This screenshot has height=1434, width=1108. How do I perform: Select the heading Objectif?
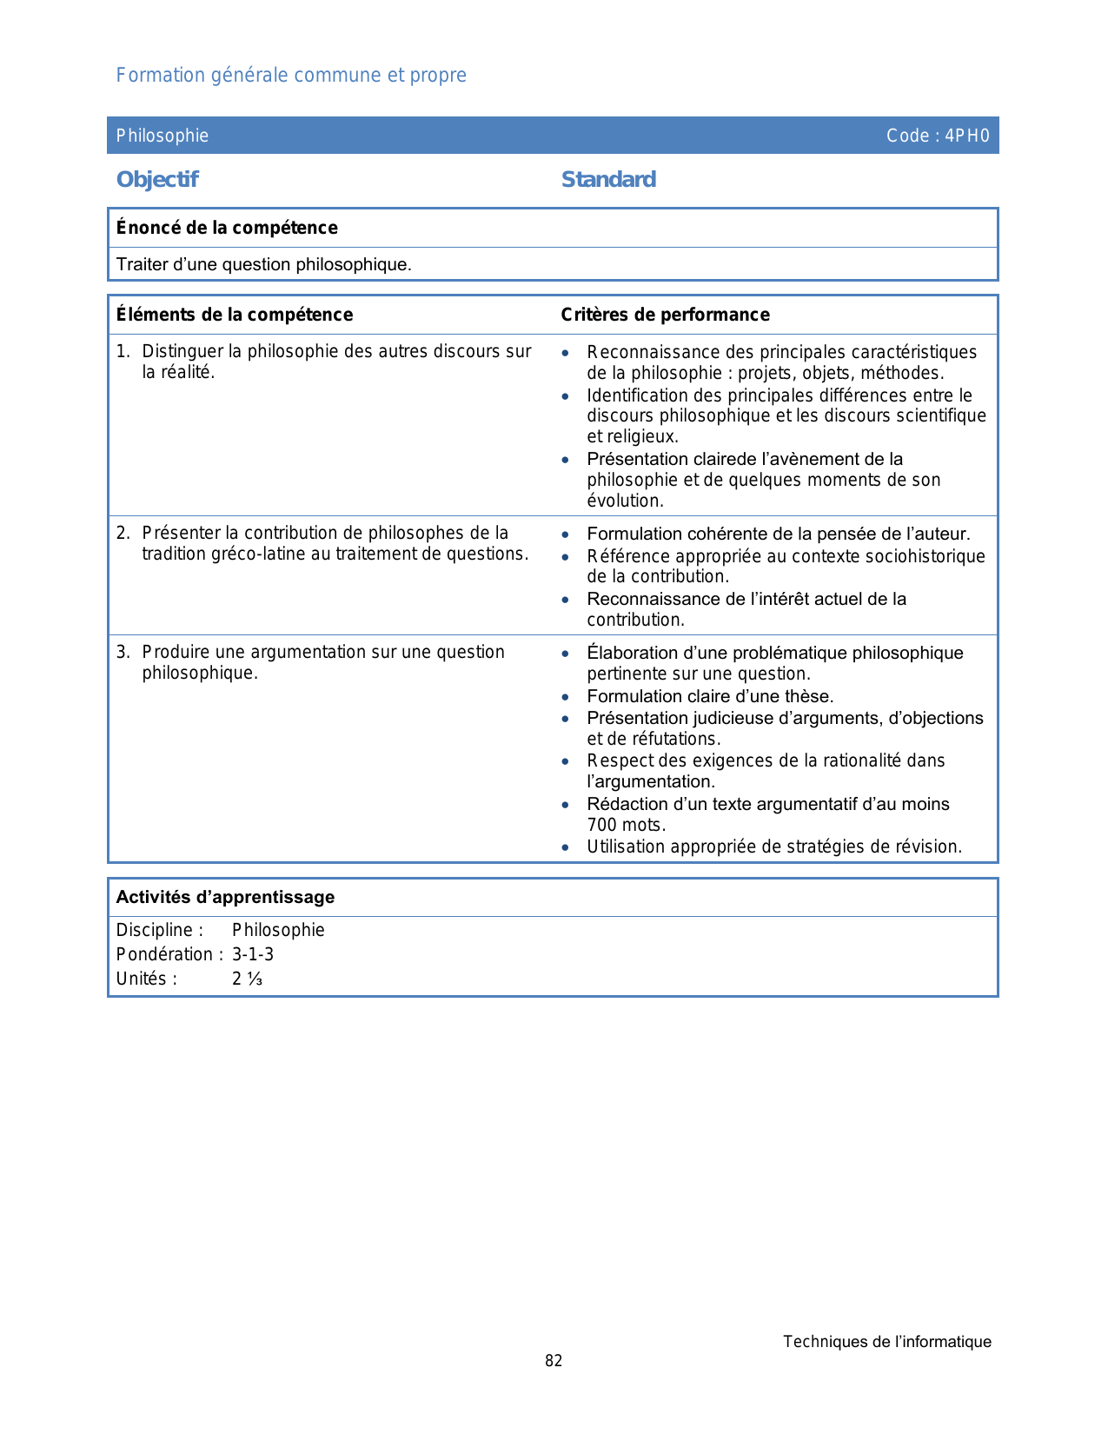[x=157, y=179]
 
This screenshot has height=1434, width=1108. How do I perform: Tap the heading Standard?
[x=608, y=179]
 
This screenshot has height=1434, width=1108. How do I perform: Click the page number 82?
[x=554, y=1361]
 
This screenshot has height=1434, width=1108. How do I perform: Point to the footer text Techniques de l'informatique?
[x=886, y=1342]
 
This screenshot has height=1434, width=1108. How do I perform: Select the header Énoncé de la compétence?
[x=227, y=228]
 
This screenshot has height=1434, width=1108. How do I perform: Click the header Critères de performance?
[x=665, y=315]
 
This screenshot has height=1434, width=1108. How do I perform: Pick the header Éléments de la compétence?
[x=235, y=315]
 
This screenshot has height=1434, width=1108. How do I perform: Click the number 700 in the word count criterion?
[x=601, y=825]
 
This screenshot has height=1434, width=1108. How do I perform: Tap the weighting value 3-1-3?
[x=253, y=954]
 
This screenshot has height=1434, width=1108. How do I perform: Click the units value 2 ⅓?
[x=247, y=979]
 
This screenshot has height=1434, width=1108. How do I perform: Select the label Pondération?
[x=164, y=954]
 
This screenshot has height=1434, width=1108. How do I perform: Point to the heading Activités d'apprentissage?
[x=225, y=897]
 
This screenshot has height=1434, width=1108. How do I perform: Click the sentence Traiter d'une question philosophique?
[x=264, y=264]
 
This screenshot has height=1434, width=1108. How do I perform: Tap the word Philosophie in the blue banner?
[x=163, y=136]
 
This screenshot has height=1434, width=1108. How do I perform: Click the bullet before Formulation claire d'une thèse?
[x=566, y=697]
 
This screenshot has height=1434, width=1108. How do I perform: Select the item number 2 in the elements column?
[x=123, y=533]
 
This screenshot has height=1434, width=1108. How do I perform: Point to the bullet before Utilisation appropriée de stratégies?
[x=566, y=847]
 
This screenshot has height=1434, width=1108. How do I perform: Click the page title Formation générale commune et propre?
[x=291, y=75]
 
